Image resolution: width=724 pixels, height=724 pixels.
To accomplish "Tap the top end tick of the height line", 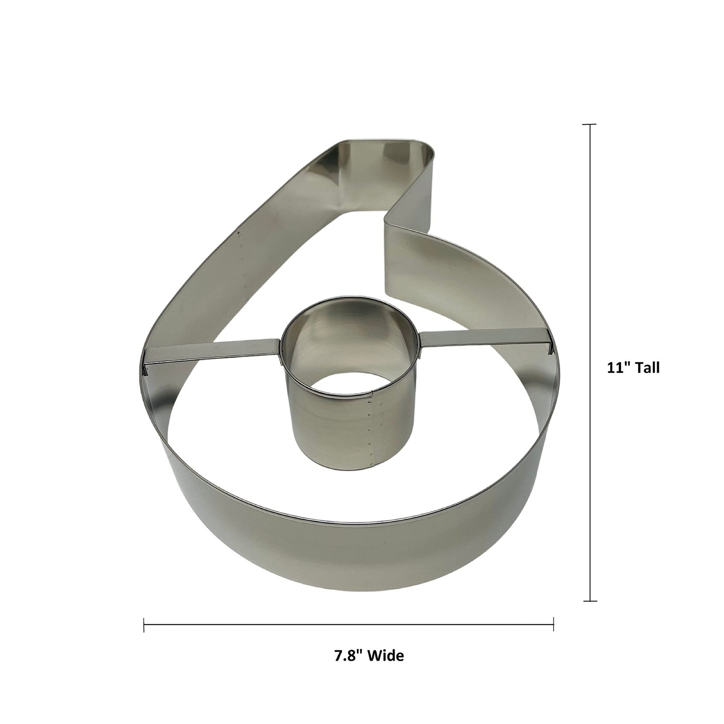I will click(x=590, y=124).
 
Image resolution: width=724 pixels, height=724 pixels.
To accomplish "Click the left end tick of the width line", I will click(x=144, y=624).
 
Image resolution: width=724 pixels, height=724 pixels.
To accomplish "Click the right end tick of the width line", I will click(x=553, y=624).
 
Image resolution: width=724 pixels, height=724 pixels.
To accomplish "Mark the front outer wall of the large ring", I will click(x=353, y=561).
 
